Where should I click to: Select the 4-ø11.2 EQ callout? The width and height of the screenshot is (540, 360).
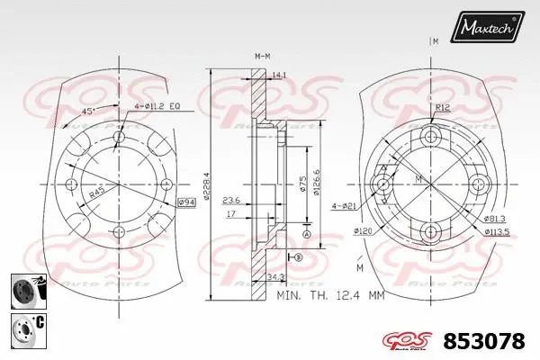(158, 106)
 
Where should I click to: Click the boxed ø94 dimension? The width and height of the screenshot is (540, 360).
(186, 202)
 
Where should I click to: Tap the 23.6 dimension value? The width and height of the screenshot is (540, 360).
(230, 201)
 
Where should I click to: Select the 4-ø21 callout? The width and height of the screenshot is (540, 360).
(345, 205)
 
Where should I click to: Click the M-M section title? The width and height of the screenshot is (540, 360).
(262, 56)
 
